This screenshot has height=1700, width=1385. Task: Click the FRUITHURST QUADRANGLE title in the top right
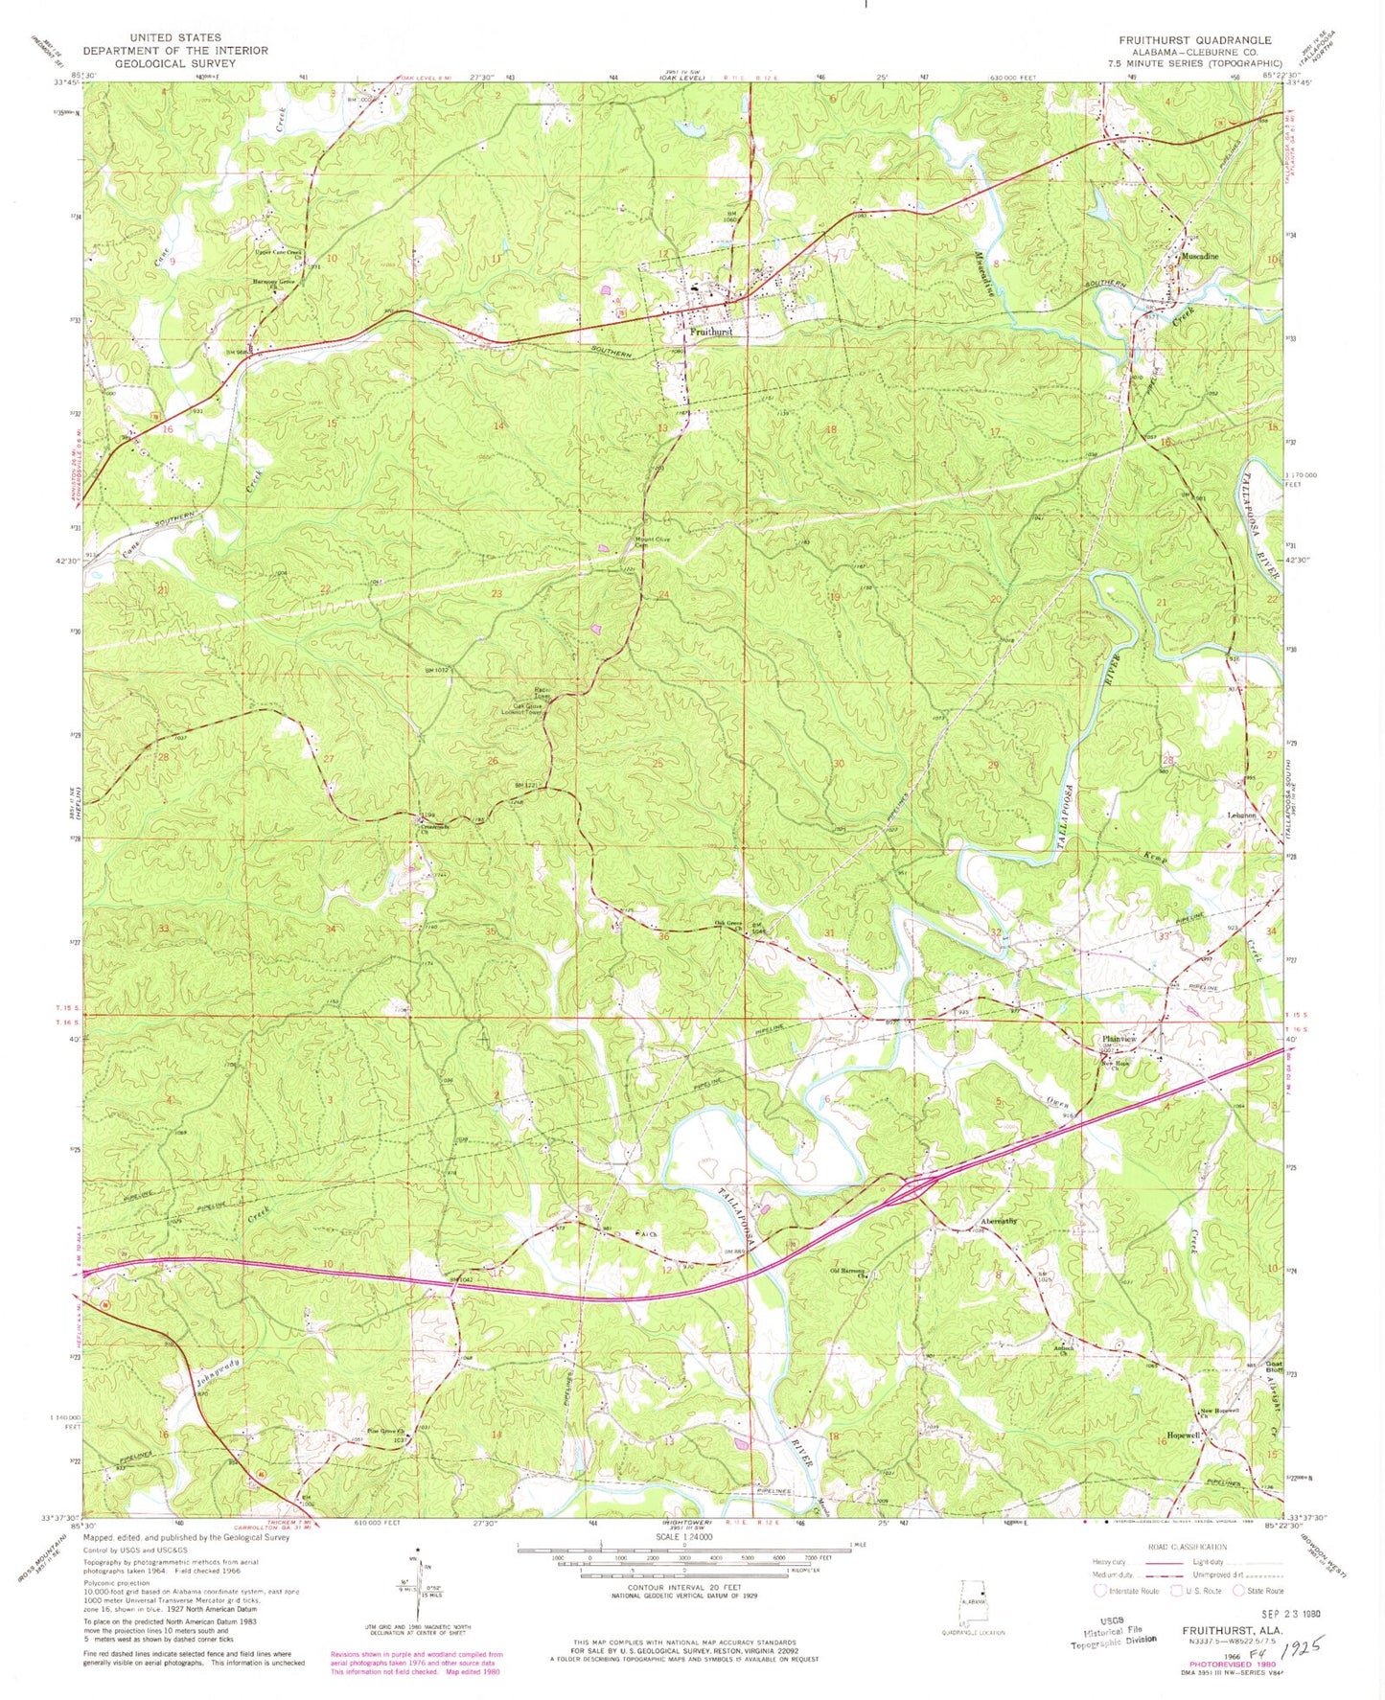click(1194, 40)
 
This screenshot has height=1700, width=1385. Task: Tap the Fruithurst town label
click(710, 332)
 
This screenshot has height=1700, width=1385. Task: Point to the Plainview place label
click(1119, 1040)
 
